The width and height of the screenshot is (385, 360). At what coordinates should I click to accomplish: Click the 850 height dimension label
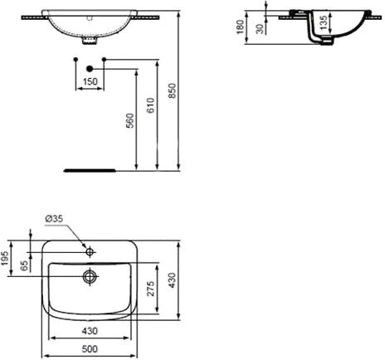coord(173,90)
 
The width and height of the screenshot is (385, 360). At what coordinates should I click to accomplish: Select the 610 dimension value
coord(151,105)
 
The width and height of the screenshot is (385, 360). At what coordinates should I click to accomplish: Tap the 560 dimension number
coord(129,120)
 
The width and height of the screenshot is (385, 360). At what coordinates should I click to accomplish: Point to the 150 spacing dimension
coord(90,81)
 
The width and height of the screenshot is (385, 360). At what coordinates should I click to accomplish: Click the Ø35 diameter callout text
coord(54,219)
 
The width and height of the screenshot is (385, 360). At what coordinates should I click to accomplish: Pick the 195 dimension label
coord(5,258)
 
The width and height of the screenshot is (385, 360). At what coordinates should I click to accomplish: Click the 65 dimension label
coord(25,265)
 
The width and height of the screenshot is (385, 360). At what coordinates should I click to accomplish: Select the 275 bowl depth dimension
coord(151,289)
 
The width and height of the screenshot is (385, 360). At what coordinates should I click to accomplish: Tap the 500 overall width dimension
coord(90,349)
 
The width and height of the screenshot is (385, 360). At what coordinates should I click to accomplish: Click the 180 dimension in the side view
coord(241,27)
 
